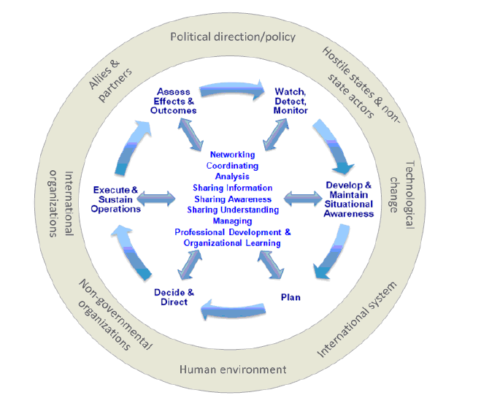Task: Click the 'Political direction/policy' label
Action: [x=232, y=37]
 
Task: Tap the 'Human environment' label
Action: [x=233, y=369]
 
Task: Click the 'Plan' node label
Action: [x=290, y=297]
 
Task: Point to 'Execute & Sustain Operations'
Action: [x=117, y=199]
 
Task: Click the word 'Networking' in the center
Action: [x=232, y=155]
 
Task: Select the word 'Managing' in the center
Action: [x=232, y=221]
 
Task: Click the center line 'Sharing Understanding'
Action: [x=232, y=210]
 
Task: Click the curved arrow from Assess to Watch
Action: [x=232, y=89]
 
